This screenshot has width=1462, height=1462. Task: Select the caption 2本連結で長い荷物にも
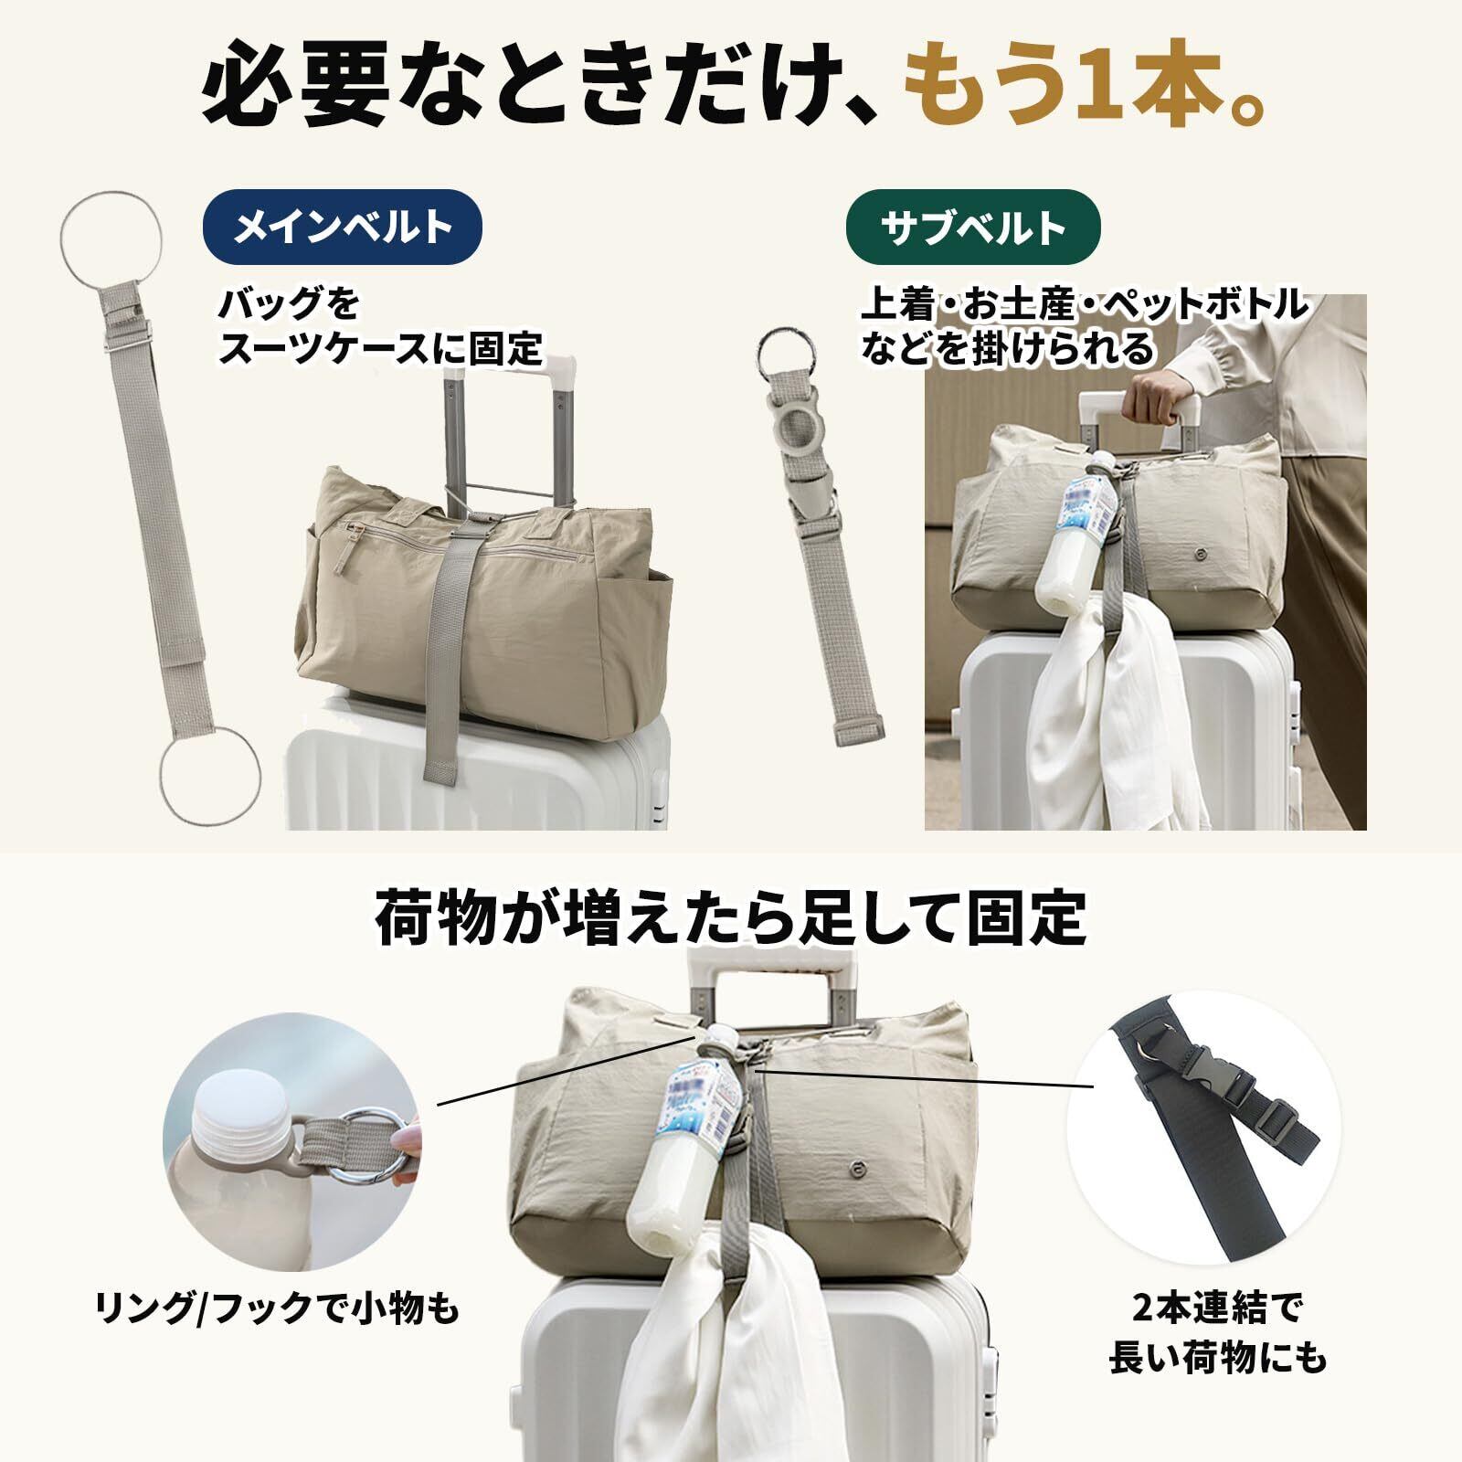click(1217, 1334)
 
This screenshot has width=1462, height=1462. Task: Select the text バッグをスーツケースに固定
click(379, 326)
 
